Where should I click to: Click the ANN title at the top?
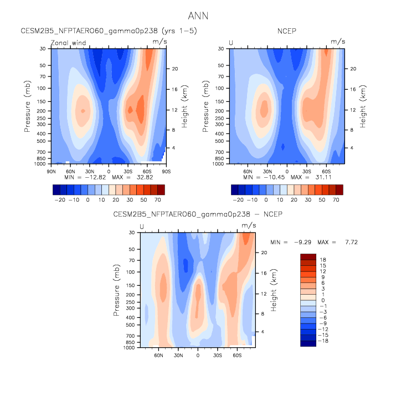coord(198,16)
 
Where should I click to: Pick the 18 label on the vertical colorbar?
coord(323,259)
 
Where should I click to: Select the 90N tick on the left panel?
coord(52,171)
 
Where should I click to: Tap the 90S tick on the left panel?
coord(164,171)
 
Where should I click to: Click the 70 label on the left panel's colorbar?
coord(158,198)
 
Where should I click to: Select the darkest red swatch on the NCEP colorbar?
coord(339,189)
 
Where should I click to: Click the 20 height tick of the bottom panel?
coord(265,253)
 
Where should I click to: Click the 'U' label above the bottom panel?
coord(142,227)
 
